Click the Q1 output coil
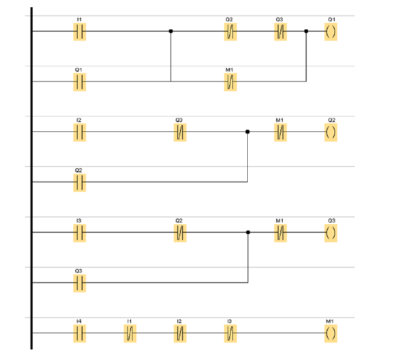pos(330,32)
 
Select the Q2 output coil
pos(330,132)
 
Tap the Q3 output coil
pos(330,233)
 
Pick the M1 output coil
pos(330,333)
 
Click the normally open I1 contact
pos(79,32)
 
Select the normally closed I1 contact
pos(129,333)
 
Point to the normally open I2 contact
pos(79,132)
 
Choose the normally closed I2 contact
pos(180,333)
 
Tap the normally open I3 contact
pos(79,233)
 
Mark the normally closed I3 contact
pos(230,333)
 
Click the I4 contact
pos(79,333)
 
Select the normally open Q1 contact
pos(79,82)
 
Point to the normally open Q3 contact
pos(79,283)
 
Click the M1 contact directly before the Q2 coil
pos(281,132)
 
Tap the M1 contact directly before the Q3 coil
pos(281,233)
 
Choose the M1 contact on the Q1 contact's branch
pos(230,82)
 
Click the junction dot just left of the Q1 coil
pos(306,31)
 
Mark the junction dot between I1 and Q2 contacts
pos(171,31)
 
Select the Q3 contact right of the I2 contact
pos(180,132)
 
